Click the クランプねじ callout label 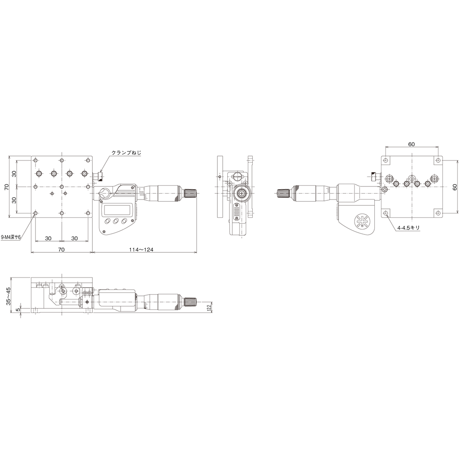[x=126, y=152]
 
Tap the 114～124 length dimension [x=141, y=250]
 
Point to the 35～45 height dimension [x=9, y=296]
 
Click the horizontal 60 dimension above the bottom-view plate [x=411, y=144]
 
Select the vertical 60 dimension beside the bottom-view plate [x=455, y=187]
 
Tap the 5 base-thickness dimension [x=18, y=309]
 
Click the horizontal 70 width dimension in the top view [x=61, y=250]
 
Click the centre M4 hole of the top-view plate [x=62, y=187]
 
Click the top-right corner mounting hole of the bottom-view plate [x=437, y=160]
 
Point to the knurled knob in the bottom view [x=283, y=193]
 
